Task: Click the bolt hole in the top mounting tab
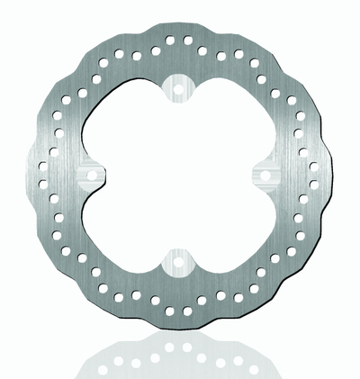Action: pyautogui.click(x=179, y=88)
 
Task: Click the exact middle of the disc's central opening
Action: pyautogui.click(x=179, y=175)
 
